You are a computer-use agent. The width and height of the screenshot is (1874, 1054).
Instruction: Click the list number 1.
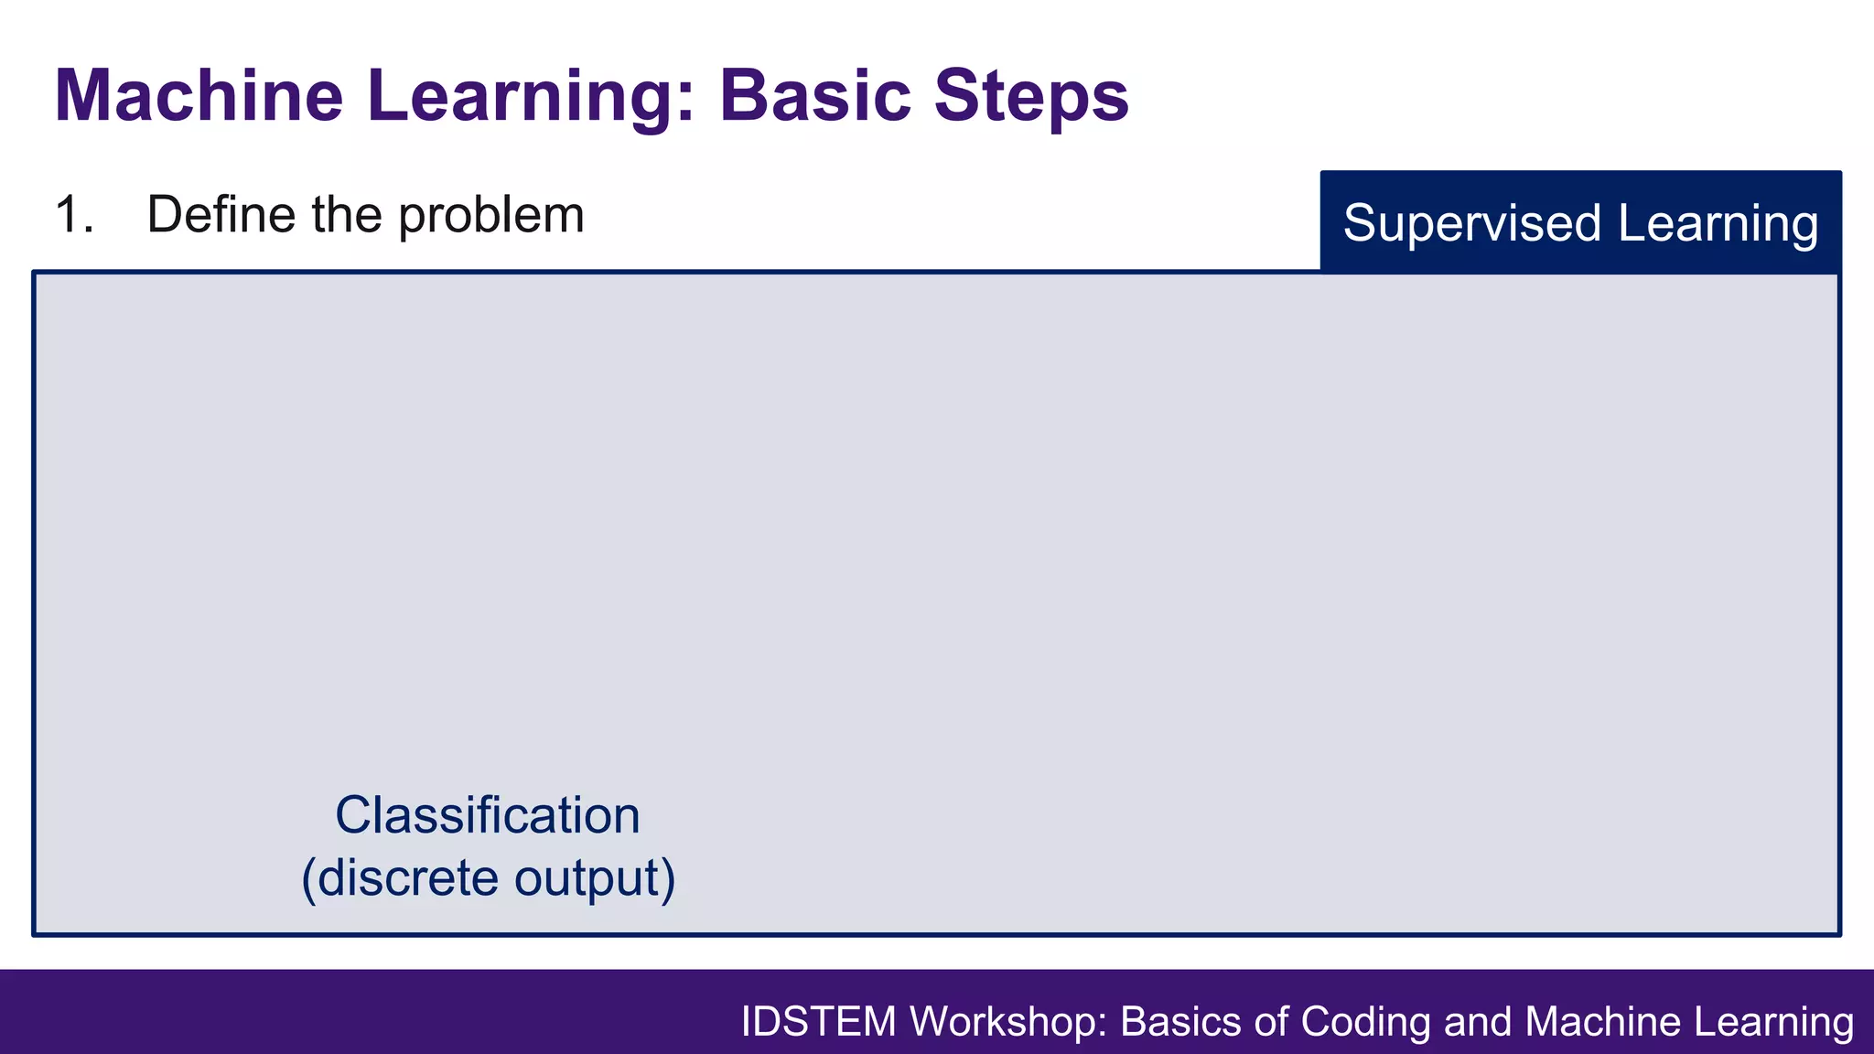coord(73,215)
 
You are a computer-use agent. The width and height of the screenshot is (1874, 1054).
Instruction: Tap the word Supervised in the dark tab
coord(1472,223)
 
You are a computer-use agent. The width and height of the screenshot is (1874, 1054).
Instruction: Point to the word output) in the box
coord(595,878)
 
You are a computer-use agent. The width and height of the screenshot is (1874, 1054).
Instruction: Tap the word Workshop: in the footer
coord(1009,1022)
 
